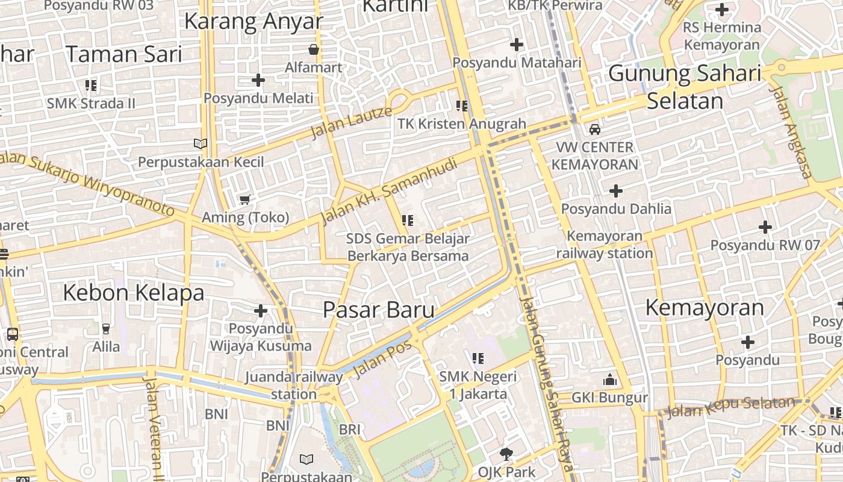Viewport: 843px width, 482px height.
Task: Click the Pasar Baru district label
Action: point(378,310)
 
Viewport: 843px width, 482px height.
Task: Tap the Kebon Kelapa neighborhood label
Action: point(134,293)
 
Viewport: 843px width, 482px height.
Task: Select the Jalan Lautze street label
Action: point(351,122)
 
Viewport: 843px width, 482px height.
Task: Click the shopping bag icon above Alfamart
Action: point(314,49)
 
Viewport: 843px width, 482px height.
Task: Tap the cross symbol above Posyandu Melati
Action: point(258,80)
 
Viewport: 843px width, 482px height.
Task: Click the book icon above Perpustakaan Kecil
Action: point(201,143)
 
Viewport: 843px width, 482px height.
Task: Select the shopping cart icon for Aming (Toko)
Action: point(244,199)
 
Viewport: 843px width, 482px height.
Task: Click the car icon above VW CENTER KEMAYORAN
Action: point(594,129)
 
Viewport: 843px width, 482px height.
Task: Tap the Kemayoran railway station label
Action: point(604,245)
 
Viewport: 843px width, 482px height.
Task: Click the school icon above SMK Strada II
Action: point(91,85)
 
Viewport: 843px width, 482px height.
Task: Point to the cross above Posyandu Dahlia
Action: point(615,191)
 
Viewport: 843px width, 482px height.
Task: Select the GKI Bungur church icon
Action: point(609,380)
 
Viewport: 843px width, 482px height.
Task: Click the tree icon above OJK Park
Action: point(506,454)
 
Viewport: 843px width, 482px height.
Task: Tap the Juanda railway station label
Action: point(294,386)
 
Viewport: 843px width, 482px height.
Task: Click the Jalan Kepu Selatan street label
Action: point(731,407)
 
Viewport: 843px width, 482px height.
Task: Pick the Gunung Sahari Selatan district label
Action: point(685,87)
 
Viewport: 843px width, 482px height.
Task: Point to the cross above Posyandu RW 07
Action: point(765,227)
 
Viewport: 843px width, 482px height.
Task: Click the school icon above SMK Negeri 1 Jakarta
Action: point(478,358)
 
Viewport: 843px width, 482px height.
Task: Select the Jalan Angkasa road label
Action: point(790,133)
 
